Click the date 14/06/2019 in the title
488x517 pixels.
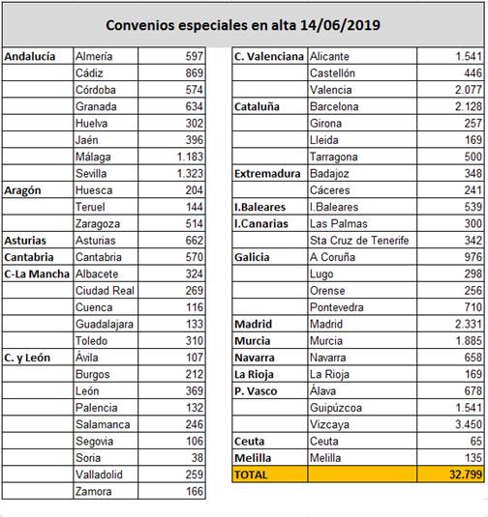(x=340, y=25)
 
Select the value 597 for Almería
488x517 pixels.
(x=195, y=56)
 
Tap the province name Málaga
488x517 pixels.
(x=93, y=157)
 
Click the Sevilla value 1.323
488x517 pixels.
(x=190, y=173)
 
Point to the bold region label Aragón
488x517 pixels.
(x=22, y=190)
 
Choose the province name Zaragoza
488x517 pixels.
(x=98, y=224)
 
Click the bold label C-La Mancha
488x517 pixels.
(x=37, y=274)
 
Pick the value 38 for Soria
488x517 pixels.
(x=198, y=458)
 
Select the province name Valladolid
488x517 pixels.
(x=99, y=474)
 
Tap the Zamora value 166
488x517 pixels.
(x=195, y=491)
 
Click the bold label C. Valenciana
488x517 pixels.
(x=269, y=56)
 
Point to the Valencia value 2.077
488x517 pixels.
(x=469, y=90)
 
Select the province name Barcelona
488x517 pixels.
(x=334, y=106)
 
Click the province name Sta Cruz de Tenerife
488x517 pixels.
(x=359, y=241)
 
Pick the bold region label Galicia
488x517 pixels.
(x=252, y=257)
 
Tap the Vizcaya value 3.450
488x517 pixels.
(x=469, y=424)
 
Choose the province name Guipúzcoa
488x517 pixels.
(x=336, y=408)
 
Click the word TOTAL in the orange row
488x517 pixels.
(x=251, y=474)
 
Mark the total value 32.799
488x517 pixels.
(x=466, y=474)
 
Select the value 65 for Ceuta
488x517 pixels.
(x=475, y=441)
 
